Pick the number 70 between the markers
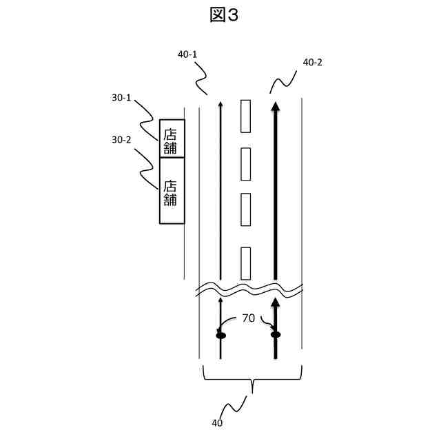click(x=248, y=318)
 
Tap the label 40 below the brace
click(x=218, y=424)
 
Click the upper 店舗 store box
click(x=172, y=139)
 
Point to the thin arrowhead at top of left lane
click(x=220, y=103)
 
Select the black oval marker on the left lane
click(x=221, y=335)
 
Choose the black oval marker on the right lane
click(x=276, y=335)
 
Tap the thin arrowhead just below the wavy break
click(x=221, y=300)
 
